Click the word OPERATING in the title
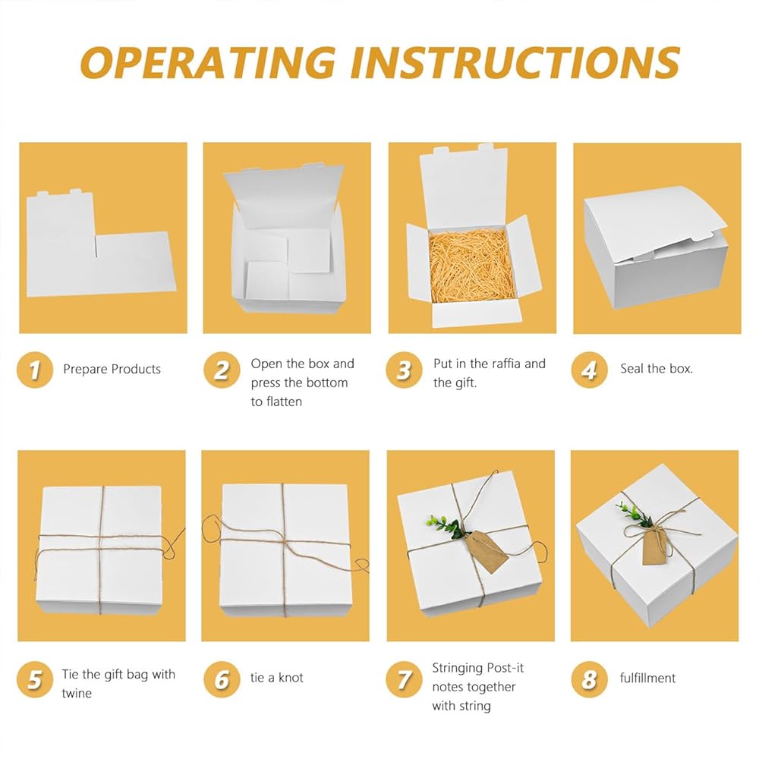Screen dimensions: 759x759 click(x=208, y=62)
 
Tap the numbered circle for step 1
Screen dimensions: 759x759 click(x=34, y=370)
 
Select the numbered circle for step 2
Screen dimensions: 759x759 click(x=222, y=370)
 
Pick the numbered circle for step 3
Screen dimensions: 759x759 click(x=404, y=370)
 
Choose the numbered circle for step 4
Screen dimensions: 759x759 click(x=589, y=370)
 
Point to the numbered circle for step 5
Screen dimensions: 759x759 click(x=34, y=679)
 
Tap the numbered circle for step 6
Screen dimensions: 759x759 click(x=222, y=679)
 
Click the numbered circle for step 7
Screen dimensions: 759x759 click(x=404, y=679)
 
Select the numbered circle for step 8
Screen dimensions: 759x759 click(x=589, y=679)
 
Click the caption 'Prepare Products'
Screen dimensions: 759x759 click(x=112, y=369)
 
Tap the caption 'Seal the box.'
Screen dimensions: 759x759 click(x=657, y=369)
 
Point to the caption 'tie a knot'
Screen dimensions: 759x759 click(x=276, y=678)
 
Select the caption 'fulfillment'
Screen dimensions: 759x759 click(x=647, y=678)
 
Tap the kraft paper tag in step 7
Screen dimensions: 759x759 click(x=487, y=552)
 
